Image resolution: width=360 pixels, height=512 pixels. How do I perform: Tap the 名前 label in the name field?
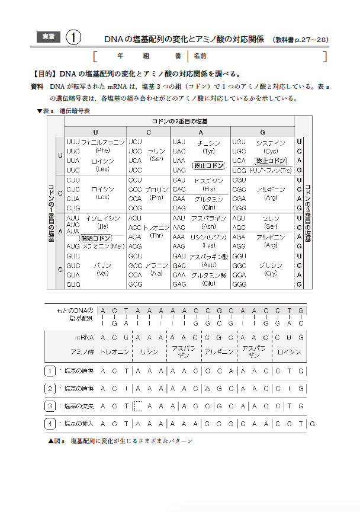tap(200, 56)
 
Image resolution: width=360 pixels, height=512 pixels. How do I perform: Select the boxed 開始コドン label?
tap(95, 238)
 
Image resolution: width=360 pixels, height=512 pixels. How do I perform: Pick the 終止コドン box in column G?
tap(271, 161)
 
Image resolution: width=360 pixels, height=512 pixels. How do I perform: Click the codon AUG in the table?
tap(73, 246)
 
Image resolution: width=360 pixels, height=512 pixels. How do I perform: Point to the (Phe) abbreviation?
tap(102, 151)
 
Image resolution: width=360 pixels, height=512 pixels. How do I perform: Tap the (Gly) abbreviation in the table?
tap(271, 274)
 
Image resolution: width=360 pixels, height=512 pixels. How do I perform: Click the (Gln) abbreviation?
tap(208, 207)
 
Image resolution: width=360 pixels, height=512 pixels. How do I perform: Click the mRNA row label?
tap(84, 337)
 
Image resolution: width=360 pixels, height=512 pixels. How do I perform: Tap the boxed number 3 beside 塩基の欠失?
tap(50, 406)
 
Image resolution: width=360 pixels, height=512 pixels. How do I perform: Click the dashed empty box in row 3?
tap(139, 406)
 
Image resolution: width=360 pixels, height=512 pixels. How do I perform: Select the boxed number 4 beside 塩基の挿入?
tap(50, 424)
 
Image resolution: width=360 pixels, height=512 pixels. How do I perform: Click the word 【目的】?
tap(44, 75)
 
